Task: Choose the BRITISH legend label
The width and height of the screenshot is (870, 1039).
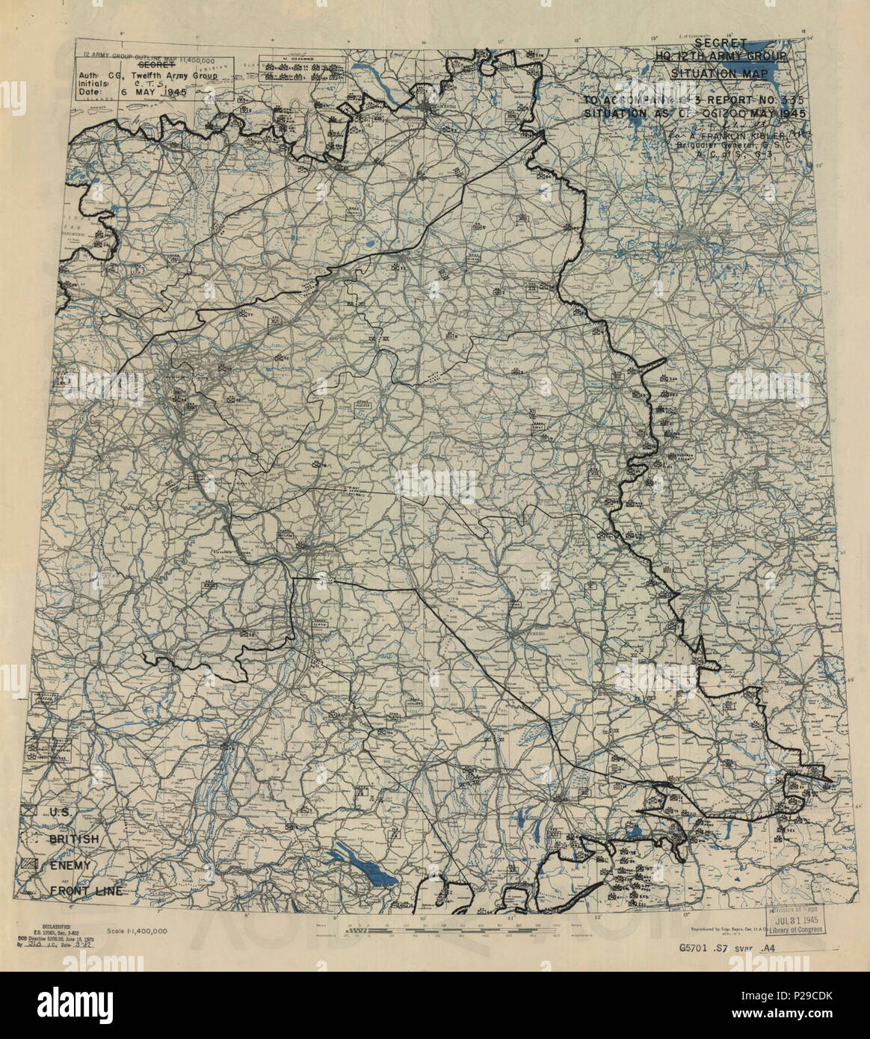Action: click(x=75, y=839)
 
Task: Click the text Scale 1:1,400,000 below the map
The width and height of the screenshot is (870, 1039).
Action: click(x=137, y=931)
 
